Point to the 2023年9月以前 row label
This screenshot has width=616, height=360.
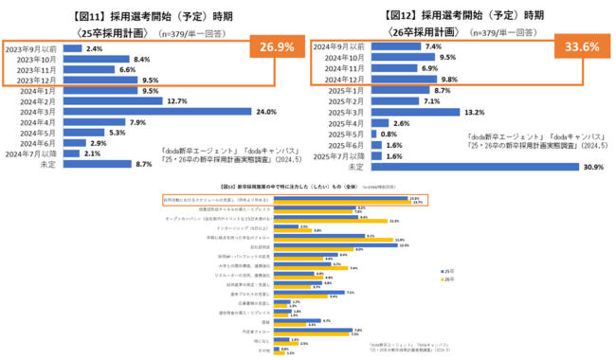point(33,47)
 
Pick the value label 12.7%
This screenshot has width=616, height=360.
point(177,100)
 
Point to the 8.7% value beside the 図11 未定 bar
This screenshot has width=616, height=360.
point(145,165)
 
